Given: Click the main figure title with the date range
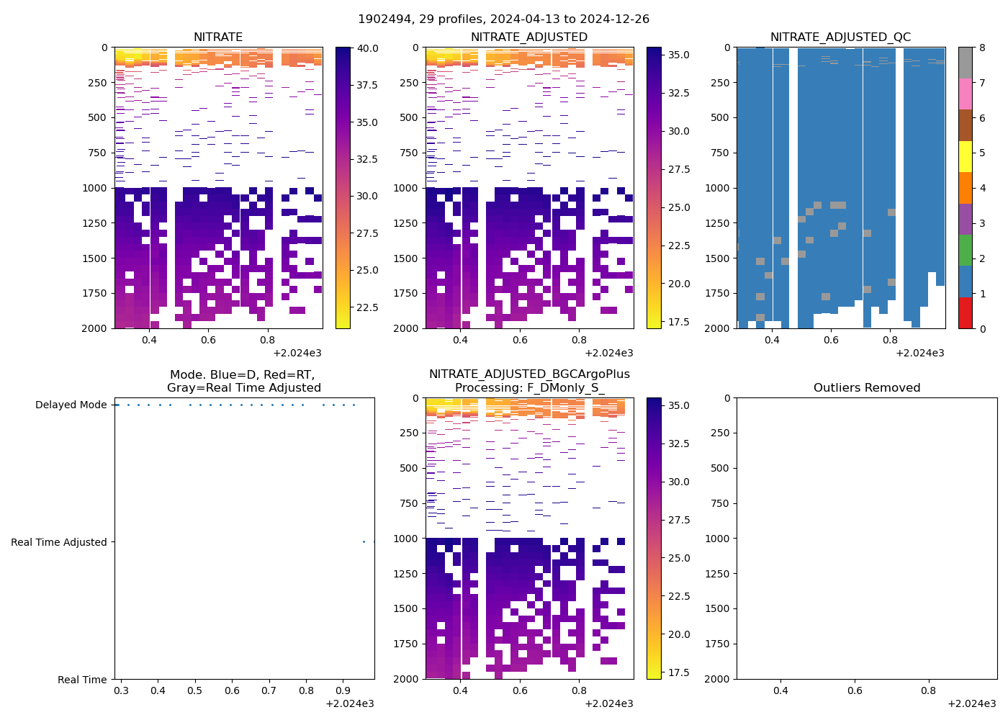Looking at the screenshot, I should tap(504, 19).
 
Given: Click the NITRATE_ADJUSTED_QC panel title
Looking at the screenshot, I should tap(840, 37).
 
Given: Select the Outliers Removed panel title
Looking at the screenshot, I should tap(867, 388).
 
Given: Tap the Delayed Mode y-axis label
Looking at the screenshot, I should tap(71, 405).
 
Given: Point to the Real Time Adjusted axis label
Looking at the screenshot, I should tap(58, 543).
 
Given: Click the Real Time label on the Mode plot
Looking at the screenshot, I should tap(82, 680).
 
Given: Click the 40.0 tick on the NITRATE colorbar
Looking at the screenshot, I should tap(367, 48).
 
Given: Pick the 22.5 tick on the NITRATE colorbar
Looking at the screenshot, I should tap(367, 307).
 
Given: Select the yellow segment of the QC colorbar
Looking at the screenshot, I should tap(965, 156).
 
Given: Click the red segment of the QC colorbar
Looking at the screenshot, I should tap(965, 313).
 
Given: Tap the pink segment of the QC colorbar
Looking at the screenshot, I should tap(965, 94).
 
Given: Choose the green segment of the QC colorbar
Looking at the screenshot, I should tap(965, 251).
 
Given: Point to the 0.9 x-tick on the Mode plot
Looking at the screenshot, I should tap(343, 691).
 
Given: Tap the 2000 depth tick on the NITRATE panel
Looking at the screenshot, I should tap(94, 328).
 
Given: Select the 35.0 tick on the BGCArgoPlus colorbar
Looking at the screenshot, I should tap(679, 406).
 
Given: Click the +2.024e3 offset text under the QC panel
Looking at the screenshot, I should tap(920, 353).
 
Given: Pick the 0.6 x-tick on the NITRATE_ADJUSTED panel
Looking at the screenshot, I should tap(520, 340).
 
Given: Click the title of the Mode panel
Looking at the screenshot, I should tap(244, 382).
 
